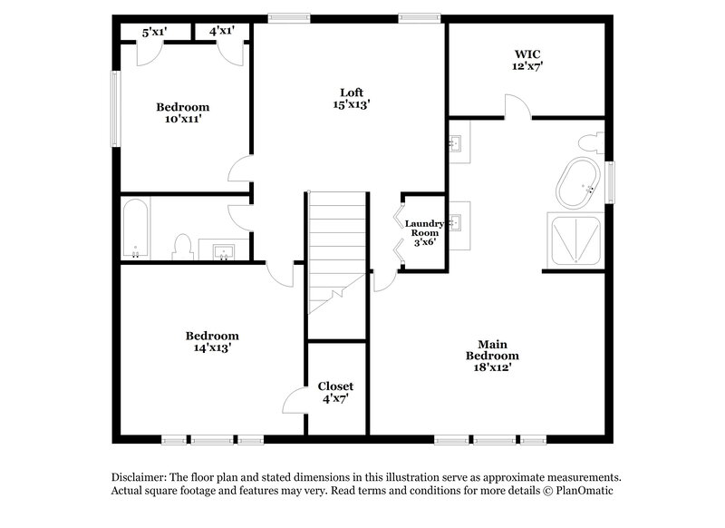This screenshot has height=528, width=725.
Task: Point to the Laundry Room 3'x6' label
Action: tap(423, 233)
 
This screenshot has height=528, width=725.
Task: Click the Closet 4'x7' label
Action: tap(335, 393)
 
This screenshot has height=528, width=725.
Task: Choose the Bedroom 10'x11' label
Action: tap(182, 112)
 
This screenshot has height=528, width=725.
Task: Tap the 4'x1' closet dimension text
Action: tap(222, 30)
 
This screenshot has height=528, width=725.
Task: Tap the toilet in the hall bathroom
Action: tap(182, 246)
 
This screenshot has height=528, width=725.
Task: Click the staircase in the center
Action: tap(336, 249)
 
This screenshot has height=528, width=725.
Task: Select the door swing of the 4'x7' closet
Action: tap(296, 401)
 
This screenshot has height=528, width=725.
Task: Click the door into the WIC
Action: tap(517, 109)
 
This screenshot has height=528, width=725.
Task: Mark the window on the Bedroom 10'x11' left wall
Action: tap(115, 108)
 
